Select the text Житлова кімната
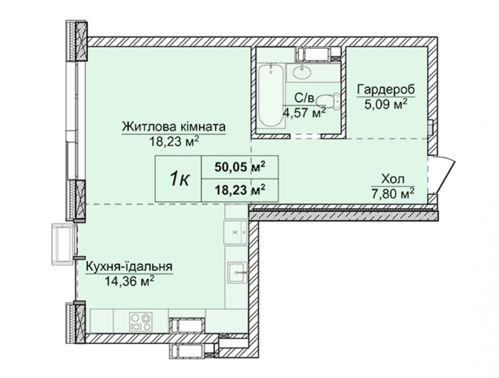tap(174, 127)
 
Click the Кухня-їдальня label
tap(129, 266)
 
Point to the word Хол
tap(393, 179)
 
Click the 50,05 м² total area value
tap(240, 167)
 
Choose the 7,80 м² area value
tap(393, 193)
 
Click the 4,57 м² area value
tap(304, 112)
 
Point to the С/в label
tap(304, 98)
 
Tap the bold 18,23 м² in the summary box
tap(240, 190)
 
